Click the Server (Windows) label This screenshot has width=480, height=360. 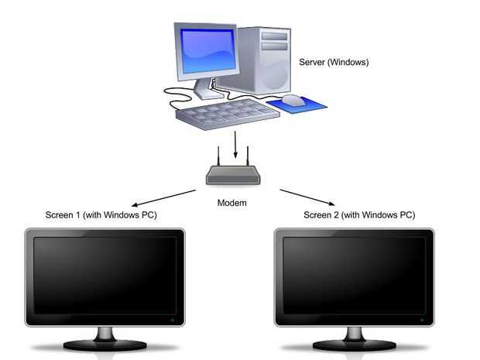(x=334, y=61)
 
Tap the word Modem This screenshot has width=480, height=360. (x=231, y=203)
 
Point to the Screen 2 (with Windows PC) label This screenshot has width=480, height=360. (x=358, y=214)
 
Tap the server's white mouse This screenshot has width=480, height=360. (x=292, y=100)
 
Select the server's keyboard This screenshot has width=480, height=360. (x=226, y=115)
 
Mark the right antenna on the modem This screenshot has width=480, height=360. (x=247, y=155)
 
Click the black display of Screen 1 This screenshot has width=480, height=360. (x=104, y=275)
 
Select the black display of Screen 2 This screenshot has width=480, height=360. (x=355, y=275)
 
